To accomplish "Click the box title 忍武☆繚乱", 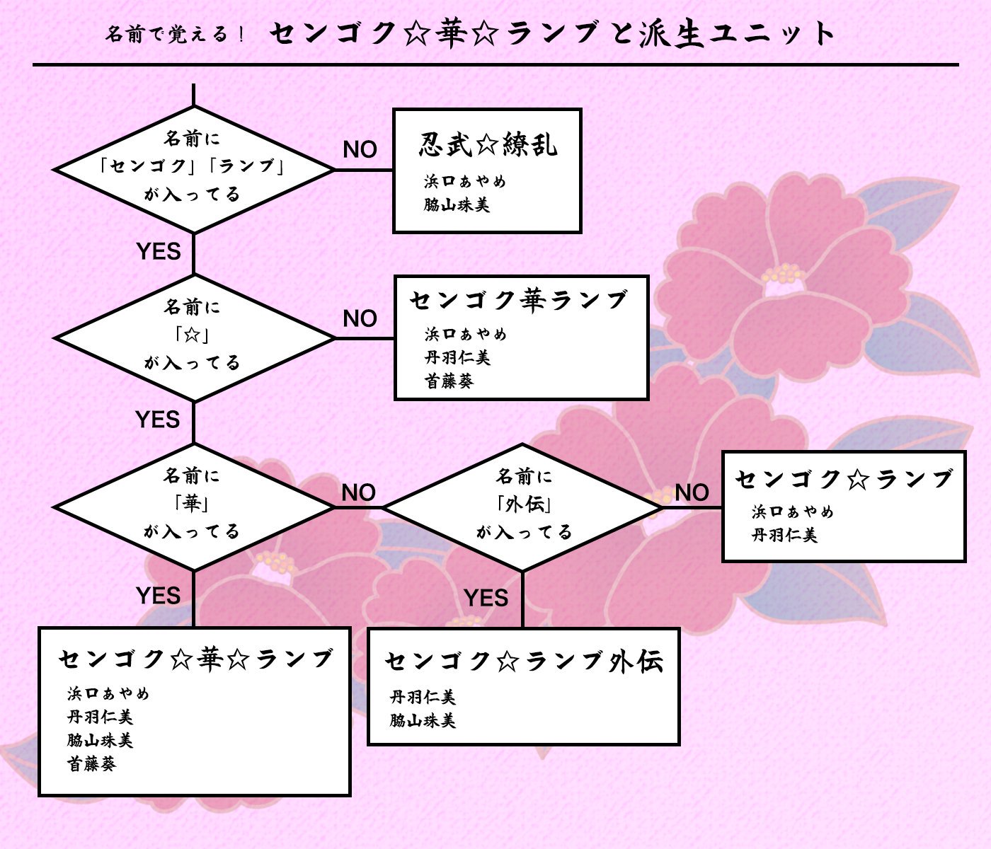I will (x=488, y=145).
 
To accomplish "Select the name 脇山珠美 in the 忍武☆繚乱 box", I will (x=457, y=205).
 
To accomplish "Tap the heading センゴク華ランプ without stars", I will (x=519, y=301).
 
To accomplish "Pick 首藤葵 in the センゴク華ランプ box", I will (x=449, y=381).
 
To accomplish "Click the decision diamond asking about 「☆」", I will (x=193, y=337).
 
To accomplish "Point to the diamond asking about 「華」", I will (x=193, y=506).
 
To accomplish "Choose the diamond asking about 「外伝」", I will (x=523, y=506).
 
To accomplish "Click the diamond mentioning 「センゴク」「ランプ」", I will (x=193, y=168).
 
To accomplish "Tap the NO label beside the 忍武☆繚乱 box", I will (x=360, y=149).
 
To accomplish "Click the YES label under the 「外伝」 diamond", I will (x=486, y=598).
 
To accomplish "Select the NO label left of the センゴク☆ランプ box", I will (x=692, y=492).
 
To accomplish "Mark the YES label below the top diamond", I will (x=158, y=251).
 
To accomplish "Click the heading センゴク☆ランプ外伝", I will (x=524, y=662).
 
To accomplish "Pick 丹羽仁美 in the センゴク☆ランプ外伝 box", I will (x=423, y=698).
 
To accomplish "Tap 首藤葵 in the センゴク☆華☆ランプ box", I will (x=91, y=764).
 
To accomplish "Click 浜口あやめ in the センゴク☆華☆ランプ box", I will (x=108, y=694).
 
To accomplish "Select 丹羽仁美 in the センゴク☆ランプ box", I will (x=784, y=536).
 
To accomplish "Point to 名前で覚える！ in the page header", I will (x=175, y=34).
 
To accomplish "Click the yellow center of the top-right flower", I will (x=783, y=274).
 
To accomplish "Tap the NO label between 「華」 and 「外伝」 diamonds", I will (x=358, y=492).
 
